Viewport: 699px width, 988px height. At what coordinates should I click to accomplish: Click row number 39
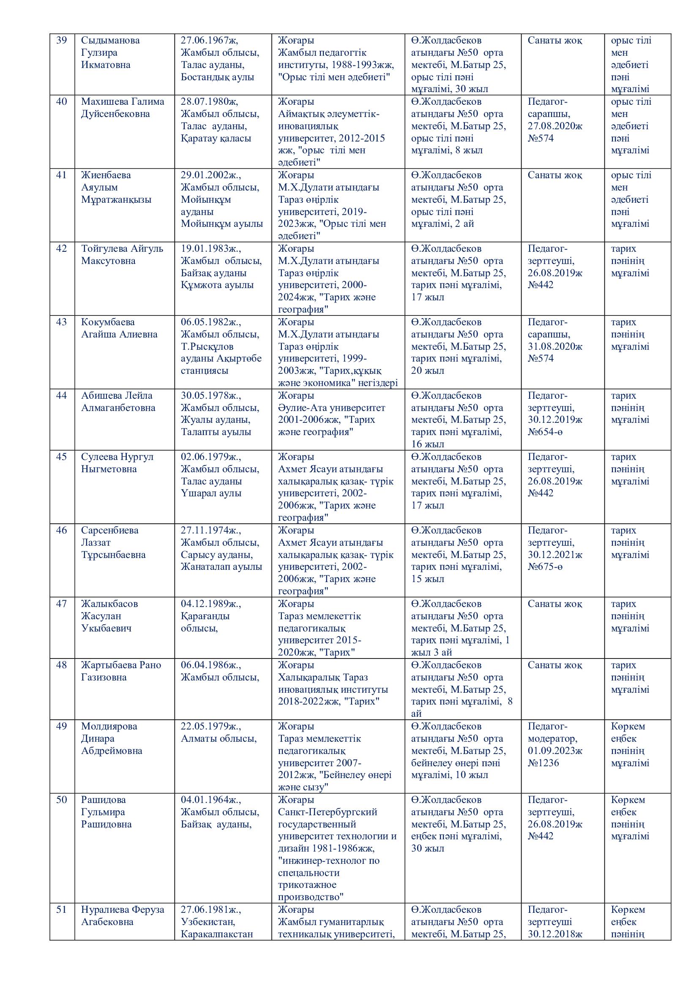[62, 41]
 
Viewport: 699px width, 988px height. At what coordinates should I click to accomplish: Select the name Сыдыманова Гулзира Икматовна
[110, 52]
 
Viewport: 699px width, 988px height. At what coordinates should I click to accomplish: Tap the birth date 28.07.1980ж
[209, 101]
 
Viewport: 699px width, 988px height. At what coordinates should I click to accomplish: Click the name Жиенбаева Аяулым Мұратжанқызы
[116, 187]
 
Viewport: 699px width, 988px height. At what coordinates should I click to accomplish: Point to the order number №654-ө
[545, 432]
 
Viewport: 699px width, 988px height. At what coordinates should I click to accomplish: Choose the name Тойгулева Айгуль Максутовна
[122, 255]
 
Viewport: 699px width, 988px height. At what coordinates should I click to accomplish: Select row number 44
[62, 395]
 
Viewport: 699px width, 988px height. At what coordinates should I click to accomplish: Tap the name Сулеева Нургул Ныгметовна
[117, 463]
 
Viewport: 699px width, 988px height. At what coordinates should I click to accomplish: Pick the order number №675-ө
[545, 566]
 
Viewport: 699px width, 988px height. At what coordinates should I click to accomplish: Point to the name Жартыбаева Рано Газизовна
[121, 671]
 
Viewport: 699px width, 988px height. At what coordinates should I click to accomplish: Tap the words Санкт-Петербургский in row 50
[328, 812]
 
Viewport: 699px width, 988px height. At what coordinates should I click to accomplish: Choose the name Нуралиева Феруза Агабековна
[123, 915]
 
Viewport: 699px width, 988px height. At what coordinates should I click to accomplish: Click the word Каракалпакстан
[216, 934]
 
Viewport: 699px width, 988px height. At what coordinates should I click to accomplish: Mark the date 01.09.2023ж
[555, 751]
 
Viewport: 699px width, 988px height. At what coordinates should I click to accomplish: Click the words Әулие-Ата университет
[331, 408]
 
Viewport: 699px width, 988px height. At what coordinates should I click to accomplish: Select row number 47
[62, 604]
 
